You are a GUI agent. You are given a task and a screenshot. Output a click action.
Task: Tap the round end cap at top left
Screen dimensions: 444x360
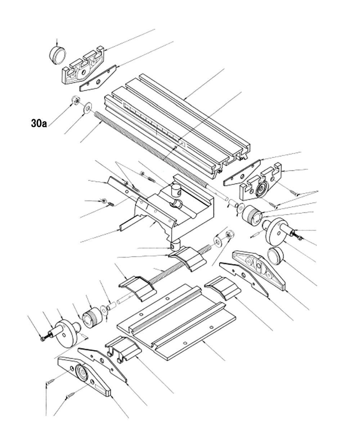(58, 55)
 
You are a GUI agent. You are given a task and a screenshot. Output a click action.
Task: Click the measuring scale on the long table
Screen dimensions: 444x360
(151, 122)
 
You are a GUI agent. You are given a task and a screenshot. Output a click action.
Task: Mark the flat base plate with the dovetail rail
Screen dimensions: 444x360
(176, 324)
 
